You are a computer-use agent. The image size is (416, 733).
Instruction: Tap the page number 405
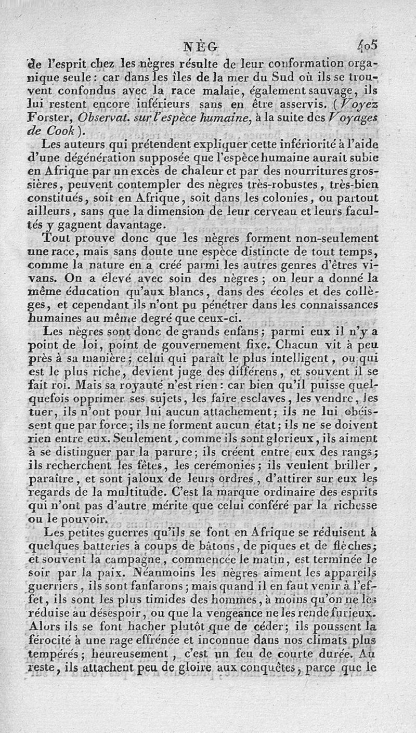coord(367,45)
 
